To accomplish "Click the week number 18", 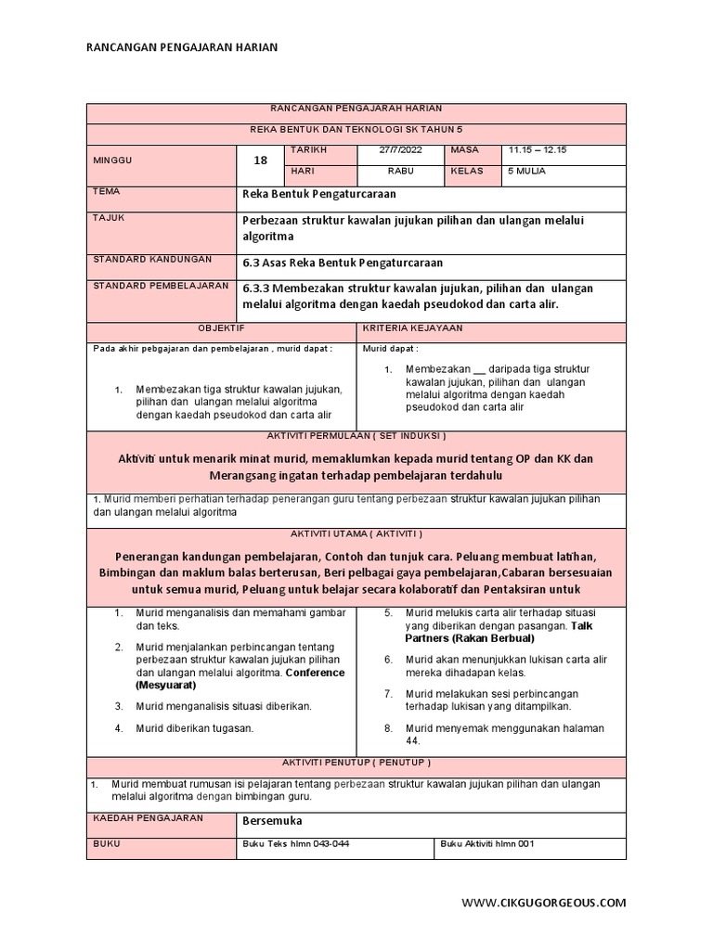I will click(x=260, y=160).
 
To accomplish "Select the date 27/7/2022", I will click(x=400, y=149).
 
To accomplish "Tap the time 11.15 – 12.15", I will click(x=538, y=149).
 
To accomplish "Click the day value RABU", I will click(x=400, y=171).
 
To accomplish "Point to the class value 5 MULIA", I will click(x=526, y=171).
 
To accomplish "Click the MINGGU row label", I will click(x=113, y=160).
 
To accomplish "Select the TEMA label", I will click(x=108, y=191).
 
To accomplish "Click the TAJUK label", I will click(x=110, y=217).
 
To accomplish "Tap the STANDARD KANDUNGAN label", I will click(x=152, y=259).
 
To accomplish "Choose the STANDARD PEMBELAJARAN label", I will click(x=161, y=285).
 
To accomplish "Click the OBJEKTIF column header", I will click(x=221, y=327).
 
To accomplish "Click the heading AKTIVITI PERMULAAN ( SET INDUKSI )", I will click(x=356, y=435).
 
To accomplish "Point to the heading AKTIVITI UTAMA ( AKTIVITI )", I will click(x=356, y=533).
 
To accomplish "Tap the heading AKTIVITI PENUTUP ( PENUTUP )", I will click(x=356, y=762).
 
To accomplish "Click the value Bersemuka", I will click(x=272, y=821).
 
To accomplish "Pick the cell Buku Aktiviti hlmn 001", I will click(x=487, y=843).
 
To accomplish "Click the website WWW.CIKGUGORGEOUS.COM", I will click(x=544, y=902).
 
